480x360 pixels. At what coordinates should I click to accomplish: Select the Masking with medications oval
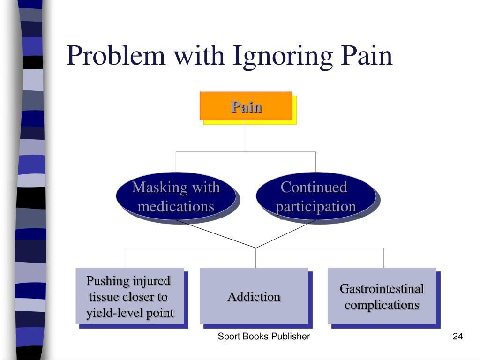tap(176, 197)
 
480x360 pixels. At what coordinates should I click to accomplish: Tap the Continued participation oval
tap(315, 197)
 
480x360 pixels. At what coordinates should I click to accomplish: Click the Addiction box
tap(254, 296)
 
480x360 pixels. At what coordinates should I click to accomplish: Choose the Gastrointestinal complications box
tap(382, 296)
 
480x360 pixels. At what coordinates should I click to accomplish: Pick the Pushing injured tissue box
tap(129, 296)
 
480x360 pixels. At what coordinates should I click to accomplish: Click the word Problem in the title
tap(116, 56)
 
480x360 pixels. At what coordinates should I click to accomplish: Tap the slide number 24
tap(457, 337)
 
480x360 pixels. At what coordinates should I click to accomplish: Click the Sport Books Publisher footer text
tap(264, 337)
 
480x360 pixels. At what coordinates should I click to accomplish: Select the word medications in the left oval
tap(176, 206)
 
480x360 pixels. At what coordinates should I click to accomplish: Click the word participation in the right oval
tap(315, 207)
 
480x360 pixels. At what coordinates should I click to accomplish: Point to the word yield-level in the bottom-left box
tap(108, 313)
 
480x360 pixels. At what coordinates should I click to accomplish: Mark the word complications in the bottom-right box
tap(382, 305)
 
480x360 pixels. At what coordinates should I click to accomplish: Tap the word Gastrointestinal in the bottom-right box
tap(382, 289)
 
